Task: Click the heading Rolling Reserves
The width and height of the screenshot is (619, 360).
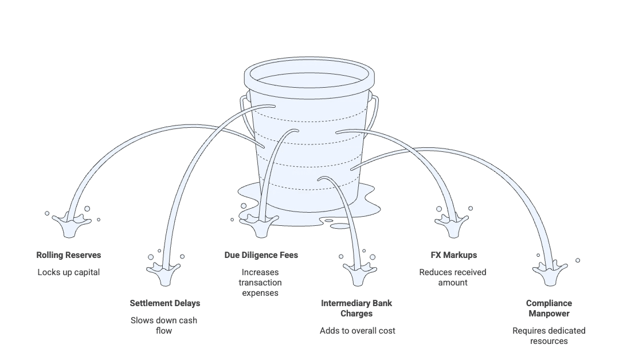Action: click(69, 255)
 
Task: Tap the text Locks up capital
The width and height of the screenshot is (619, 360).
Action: click(69, 272)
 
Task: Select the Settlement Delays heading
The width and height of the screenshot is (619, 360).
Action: click(165, 303)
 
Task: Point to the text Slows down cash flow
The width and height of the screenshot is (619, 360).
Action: click(164, 325)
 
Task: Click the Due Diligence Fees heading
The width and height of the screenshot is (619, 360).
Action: click(261, 255)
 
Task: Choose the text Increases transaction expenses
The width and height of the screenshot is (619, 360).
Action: click(260, 282)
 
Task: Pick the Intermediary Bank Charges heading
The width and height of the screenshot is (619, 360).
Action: click(356, 308)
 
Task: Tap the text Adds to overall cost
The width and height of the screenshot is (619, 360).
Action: click(357, 331)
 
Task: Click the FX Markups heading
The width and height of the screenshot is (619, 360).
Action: click(453, 255)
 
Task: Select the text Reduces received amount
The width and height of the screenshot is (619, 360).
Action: click(453, 277)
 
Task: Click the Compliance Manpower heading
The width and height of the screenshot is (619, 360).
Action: click(549, 308)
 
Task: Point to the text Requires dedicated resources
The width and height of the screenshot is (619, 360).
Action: click(549, 336)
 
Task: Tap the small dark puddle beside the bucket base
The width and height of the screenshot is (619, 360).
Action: click(334, 222)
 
